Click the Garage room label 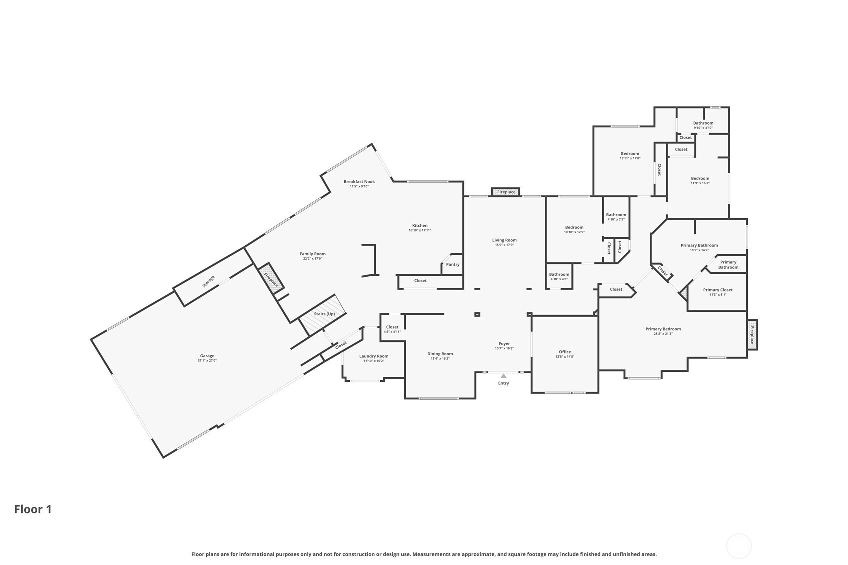click(207, 356)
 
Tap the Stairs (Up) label click(324, 314)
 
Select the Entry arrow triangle click(503, 376)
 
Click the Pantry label click(453, 264)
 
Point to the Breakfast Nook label click(359, 182)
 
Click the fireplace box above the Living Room click(506, 192)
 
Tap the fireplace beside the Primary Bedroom click(752, 335)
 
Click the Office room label click(565, 352)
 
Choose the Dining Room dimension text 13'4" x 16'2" click(440, 359)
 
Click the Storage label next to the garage click(208, 282)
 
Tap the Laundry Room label click(374, 356)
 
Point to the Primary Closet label click(718, 290)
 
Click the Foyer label click(504, 343)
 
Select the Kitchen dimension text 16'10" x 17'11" click(420, 230)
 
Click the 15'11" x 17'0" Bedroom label click(630, 154)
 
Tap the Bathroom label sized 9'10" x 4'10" click(703, 123)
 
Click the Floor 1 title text click(33, 509)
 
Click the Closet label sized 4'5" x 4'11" click(392, 327)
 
